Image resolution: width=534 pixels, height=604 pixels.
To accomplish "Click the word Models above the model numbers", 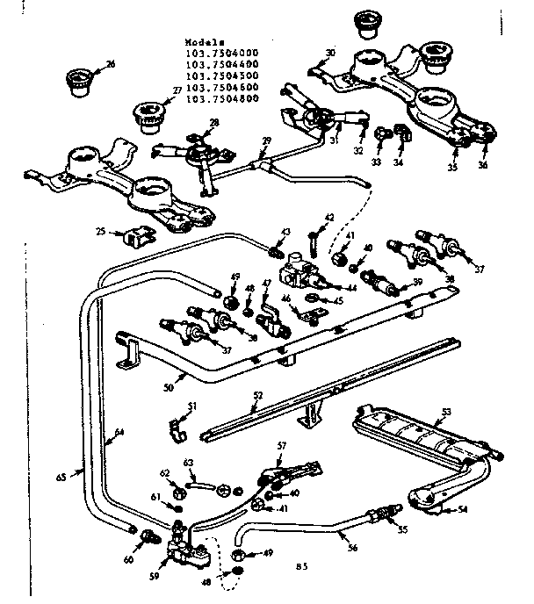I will [206, 41].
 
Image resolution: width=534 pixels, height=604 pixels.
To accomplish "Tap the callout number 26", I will [111, 64].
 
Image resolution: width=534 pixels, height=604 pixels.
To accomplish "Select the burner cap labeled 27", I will [144, 114].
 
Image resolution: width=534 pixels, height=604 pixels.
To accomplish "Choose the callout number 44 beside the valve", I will [352, 287].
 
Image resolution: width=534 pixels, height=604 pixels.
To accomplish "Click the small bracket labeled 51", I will [178, 428].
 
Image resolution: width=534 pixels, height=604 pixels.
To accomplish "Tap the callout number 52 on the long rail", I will [256, 396].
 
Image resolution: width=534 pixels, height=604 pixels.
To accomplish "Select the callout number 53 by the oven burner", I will [446, 411].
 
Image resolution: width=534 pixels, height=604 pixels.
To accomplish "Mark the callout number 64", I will [119, 432].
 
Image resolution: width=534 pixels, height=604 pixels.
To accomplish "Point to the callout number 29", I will [267, 141].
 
